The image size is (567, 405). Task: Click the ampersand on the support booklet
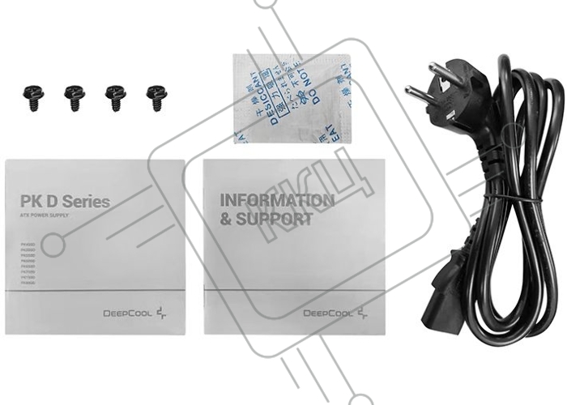pyautogui.click(x=224, y=220)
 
